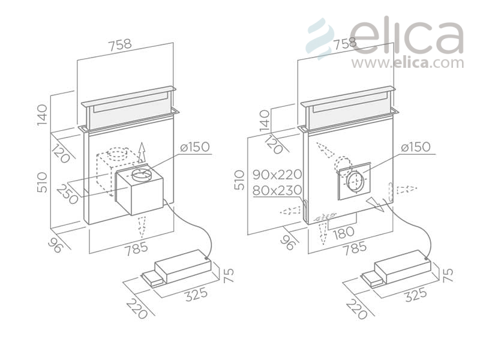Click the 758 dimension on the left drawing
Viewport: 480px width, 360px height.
(120, 44)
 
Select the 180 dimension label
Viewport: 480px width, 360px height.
(343, 233)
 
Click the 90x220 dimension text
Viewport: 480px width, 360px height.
(277, 175)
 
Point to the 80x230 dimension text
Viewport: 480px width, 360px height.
(277, 190)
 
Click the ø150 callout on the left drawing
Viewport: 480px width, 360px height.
(195, 147)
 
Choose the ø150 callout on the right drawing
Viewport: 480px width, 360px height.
(416, 147)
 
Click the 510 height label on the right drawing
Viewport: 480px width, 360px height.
(239, 181)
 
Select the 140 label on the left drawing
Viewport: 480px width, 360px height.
(42, 115)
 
